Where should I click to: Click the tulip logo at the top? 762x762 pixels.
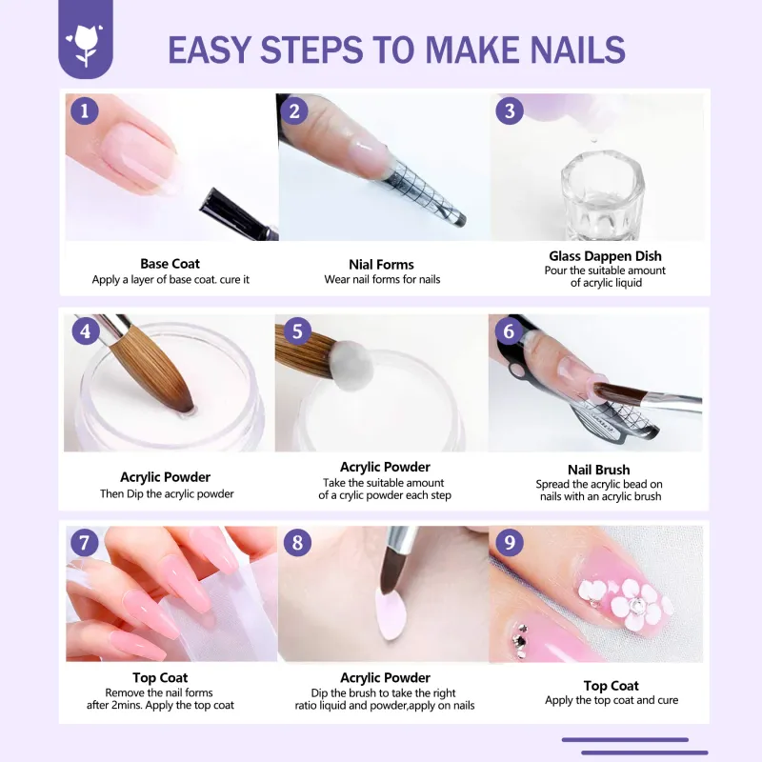[86, 45]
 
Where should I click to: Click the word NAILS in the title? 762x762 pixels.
[577, 50]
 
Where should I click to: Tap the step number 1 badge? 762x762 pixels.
[85, 110]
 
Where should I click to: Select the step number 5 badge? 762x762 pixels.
[297, 331]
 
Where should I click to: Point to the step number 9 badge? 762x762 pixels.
[510, 542]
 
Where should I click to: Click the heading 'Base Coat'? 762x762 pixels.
[170, 264]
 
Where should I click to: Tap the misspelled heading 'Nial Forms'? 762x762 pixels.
[382, 265]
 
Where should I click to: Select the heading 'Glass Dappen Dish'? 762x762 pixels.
[605, 256]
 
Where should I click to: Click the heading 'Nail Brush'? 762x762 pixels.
[599, 470]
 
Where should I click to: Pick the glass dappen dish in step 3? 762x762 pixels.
[603, 194]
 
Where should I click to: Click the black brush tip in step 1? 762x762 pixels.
[238, 214]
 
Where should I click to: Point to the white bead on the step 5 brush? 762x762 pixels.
[352, 365]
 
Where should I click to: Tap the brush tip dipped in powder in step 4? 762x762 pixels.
[185, 401]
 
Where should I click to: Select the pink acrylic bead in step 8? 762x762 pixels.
[392, 614]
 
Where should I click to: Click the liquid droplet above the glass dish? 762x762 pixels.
[593, 140]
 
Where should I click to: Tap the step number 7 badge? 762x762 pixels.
[85, 542]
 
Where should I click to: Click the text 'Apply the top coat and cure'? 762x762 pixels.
[612, 700]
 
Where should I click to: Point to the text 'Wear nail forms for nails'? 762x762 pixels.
[382, 279]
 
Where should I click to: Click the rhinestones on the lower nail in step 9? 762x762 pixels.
[521, 640]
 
